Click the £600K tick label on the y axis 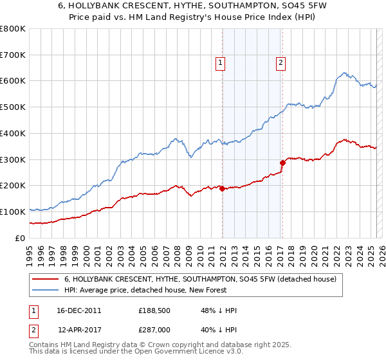click(13, 81)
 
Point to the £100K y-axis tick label click(13, 212)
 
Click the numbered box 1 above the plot click(221, 63)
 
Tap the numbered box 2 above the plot click(282, 63)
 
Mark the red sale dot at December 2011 click(222, 188)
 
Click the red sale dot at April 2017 click(282, 163)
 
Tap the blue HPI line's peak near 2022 click(345, 73)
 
